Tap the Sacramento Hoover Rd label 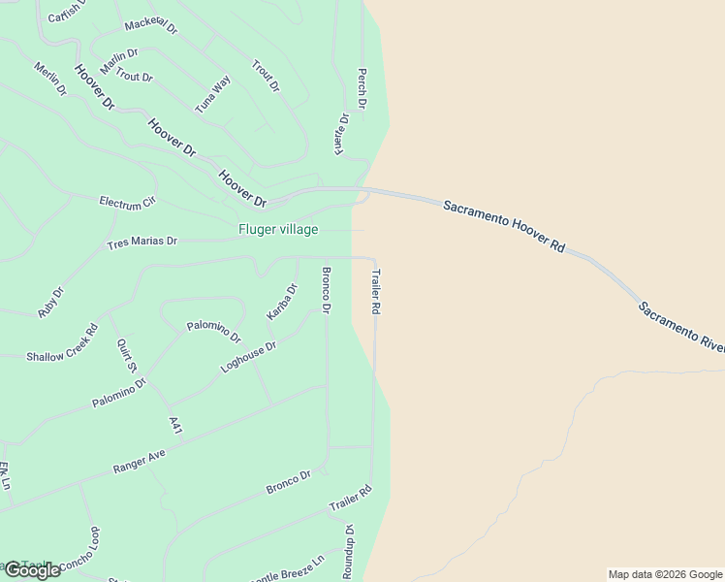pos(504,227)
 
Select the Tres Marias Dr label pos(142,242)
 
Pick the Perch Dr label pos(362,87)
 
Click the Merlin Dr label pos(49,79)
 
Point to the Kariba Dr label pos(281,302)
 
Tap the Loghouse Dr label pos(248,358)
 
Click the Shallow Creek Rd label pos(62,342)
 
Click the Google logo pos(32,570)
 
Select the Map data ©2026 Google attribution pos(665,574)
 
